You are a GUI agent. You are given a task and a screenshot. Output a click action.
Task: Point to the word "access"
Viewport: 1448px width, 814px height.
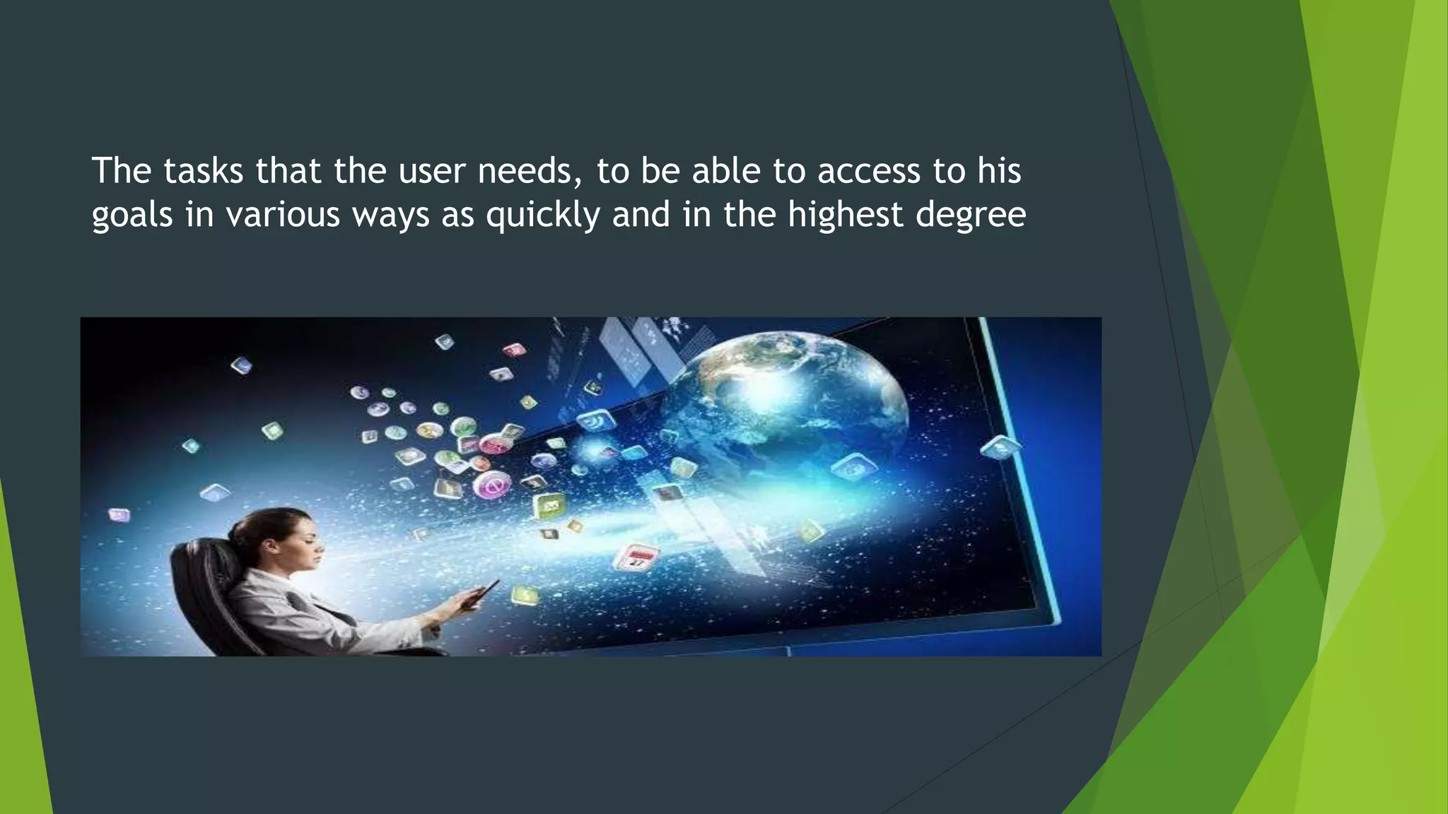[x=869, y=171]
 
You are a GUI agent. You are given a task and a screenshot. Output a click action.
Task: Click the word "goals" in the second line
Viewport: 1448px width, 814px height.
[x=132, y=215]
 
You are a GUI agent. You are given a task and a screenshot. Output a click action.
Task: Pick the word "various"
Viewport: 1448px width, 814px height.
[x=283, y=215]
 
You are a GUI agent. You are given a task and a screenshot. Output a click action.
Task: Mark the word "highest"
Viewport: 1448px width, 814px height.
[x=846, y=215]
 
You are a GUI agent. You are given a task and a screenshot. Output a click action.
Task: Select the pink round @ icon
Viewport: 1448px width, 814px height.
[x=493, y=485]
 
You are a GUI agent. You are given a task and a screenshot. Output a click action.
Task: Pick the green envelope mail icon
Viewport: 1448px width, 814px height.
[x=550, y=505]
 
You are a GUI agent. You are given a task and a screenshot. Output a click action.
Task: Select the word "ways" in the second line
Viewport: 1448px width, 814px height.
[x=391, y=215]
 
